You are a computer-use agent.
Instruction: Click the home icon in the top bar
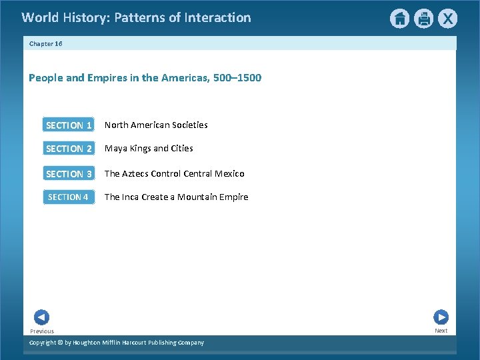pos(399,19)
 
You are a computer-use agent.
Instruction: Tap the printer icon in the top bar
pos(424,19)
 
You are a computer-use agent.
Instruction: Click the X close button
pos(448,19)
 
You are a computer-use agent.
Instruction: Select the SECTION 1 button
pos(69,125)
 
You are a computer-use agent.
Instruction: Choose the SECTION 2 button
pos(69,149)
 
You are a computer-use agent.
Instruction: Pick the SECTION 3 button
pos(69,174)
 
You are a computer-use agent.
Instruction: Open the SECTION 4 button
pos(69,197)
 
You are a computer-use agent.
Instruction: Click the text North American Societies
pos(156,125)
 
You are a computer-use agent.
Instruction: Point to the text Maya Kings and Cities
pos(149,149)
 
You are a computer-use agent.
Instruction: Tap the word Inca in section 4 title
pos(133,197)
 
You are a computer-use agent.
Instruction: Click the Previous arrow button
pos(41,318)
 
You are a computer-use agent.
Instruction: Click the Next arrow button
pos(441,317)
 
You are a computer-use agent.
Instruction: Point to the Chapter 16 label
pos(45,43)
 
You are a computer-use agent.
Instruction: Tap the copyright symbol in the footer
pos(59,343)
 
